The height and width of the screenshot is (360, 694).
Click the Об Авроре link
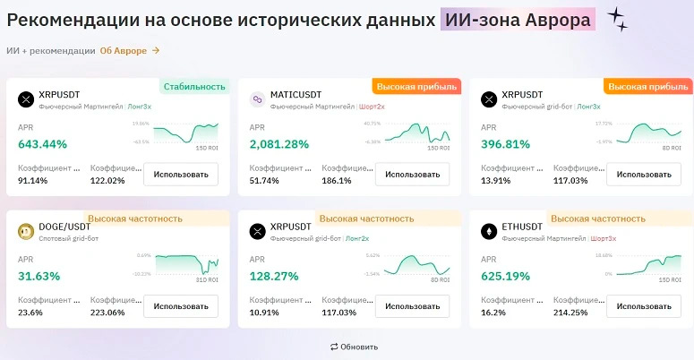click(x=130, y=51)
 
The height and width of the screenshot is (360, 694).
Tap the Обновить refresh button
click(x=354, y=347)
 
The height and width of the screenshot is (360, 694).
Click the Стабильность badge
click(x=194, y=87)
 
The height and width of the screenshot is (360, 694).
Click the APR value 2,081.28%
click(x=279, y=144)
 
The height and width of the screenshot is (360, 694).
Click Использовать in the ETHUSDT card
click(x=643, y=306)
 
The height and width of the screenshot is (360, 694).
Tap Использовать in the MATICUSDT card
click(x=412, y=174)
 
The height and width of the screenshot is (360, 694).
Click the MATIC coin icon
click(x=257, y=99)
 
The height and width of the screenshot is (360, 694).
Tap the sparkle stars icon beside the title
click(x=617, y=19)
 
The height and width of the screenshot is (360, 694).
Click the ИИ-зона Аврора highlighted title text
click(x=518, y=19)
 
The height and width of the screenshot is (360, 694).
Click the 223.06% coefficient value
click(x=111, y=313)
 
